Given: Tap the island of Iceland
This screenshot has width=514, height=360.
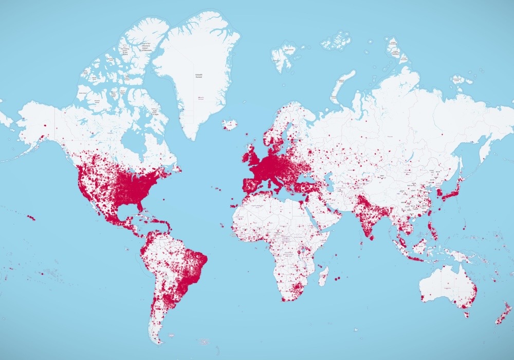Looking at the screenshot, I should coord(230,124).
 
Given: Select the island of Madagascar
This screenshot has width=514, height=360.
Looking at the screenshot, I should coord(323,276).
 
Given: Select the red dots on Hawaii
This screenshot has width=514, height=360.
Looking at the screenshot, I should coord(31,218).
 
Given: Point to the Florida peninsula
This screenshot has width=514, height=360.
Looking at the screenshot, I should coord(142,206).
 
